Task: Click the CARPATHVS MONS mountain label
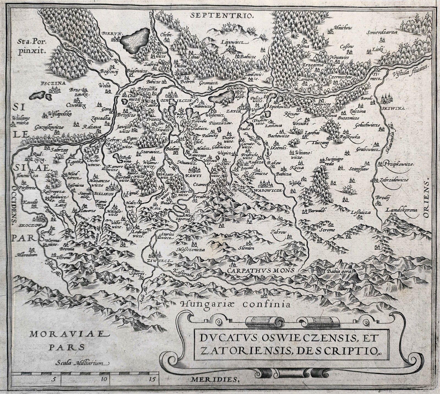261,270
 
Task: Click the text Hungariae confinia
232,304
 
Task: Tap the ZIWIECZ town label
157,260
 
